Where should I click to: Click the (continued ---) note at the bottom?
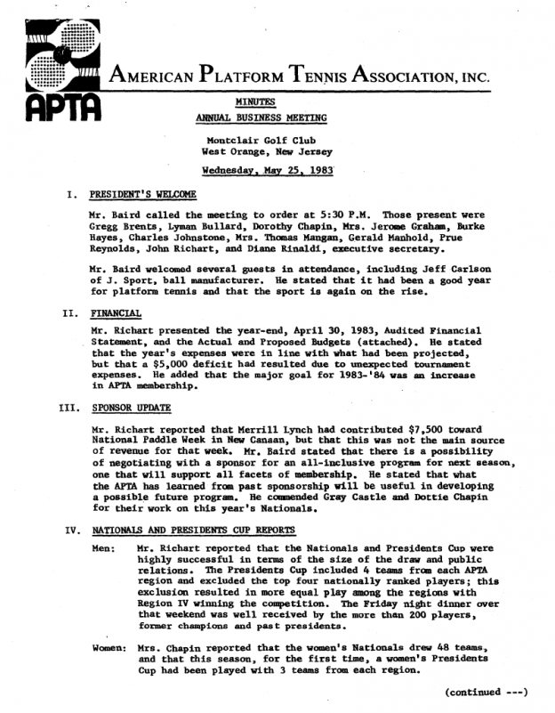pyautogui.click(x=487, y=692)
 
